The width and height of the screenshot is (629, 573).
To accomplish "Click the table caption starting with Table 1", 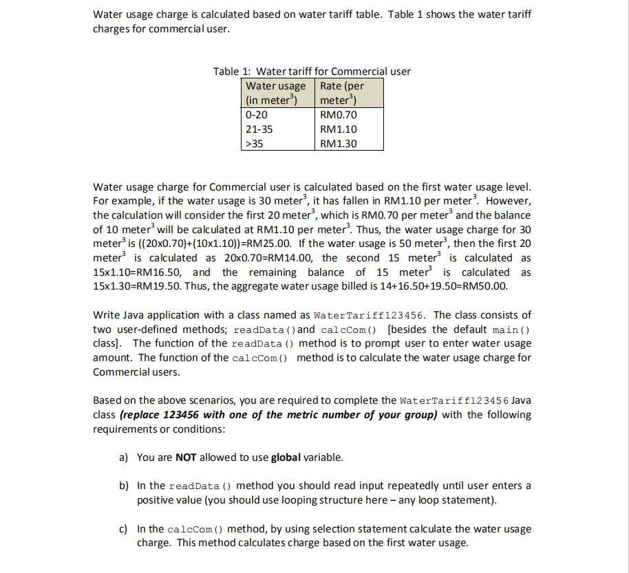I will [312, 72].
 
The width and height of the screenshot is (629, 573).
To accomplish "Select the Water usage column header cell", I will [278, 93].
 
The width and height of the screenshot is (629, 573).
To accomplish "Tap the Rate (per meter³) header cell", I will [349, 93].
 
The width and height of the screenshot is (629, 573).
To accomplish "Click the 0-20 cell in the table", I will [278, 115].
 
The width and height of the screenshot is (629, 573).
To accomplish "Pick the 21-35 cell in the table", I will [278, 129].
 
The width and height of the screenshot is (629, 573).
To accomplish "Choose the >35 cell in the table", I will [278, 144].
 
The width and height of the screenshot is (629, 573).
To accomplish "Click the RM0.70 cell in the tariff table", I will [349, 115].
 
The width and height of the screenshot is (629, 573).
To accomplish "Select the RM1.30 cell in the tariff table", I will [349, 144].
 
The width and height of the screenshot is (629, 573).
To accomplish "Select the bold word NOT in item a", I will [186, 457].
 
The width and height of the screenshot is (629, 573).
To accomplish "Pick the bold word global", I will [286, 457].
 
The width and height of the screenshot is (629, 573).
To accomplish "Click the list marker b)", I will [124, 486].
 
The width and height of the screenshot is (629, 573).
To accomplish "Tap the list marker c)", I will [123, 529].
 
